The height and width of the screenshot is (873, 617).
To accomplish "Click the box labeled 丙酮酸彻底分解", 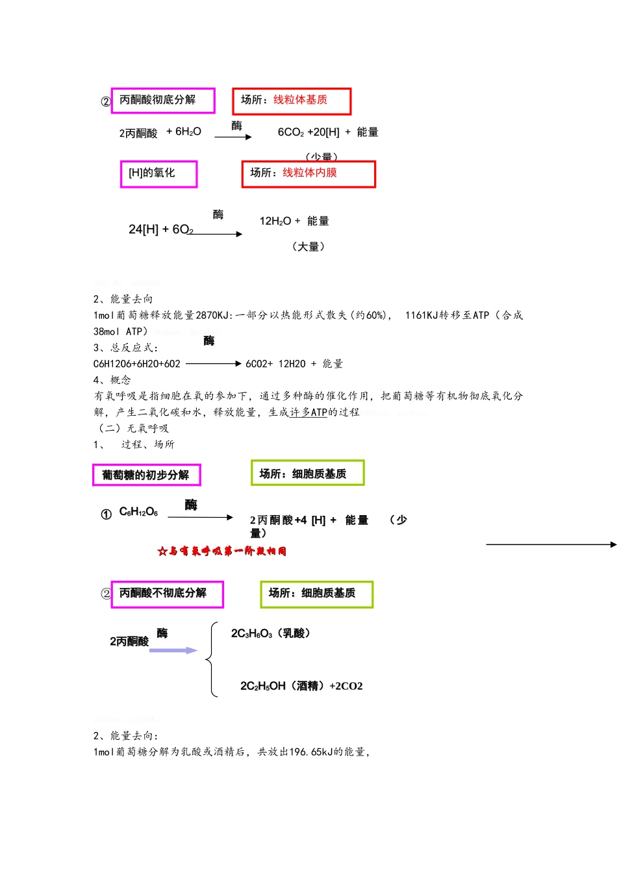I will pos(162,100).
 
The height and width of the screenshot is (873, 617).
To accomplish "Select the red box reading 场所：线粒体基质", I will pos(292,101).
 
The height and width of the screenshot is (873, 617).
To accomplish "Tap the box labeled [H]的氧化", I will pos(158,173).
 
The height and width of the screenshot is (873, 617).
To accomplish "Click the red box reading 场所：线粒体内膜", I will pos(308,173).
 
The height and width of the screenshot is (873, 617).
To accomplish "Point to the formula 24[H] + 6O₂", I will pos(160,229).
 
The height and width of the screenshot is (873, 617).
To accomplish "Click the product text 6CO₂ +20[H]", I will pos(308,133).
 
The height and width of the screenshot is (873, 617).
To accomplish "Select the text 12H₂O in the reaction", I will pos(275,221).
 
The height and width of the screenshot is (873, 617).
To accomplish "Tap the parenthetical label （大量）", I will pos(308,247).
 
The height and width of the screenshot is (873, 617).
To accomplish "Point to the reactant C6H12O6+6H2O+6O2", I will pos(137,364).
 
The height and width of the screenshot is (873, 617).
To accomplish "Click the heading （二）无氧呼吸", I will pos(132,428).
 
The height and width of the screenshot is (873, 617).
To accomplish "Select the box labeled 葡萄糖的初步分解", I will pos(146,475).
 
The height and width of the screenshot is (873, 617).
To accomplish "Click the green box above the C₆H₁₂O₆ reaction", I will pos(307,473).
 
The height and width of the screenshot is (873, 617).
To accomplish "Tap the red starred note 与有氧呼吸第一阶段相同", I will pos(222,551).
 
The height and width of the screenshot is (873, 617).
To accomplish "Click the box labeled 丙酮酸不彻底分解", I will pos(167,594).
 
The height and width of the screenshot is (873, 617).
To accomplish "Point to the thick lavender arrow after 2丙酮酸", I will pos(173,650).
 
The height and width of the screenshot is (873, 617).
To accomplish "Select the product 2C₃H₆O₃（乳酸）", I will pos(271,633).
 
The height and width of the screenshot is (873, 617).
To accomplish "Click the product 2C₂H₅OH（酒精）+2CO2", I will pos(301,687).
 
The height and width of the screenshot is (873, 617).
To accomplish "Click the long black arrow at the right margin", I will pos(551,544).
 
